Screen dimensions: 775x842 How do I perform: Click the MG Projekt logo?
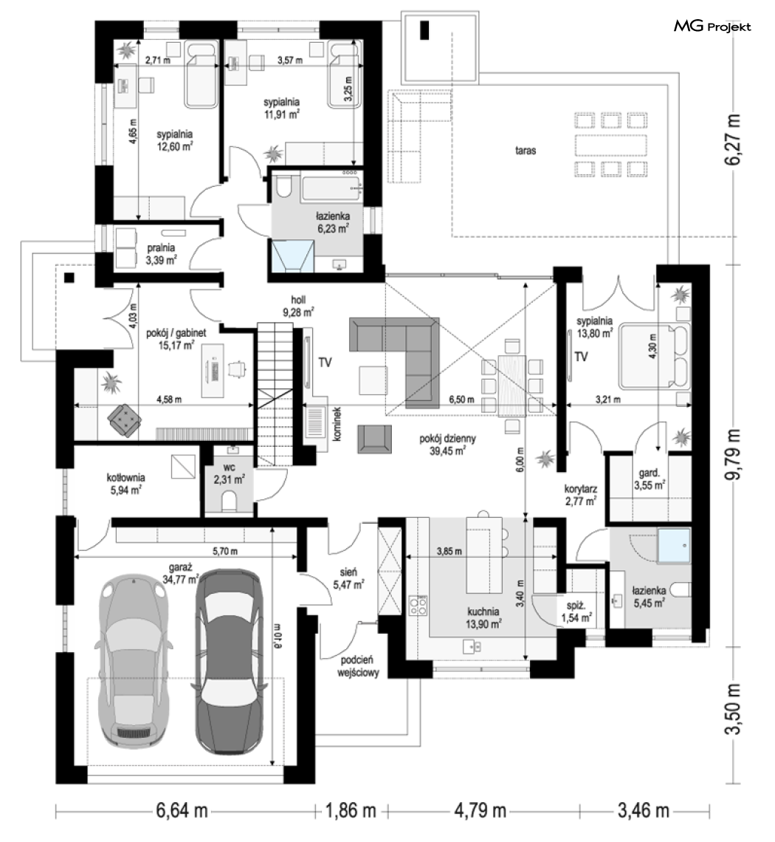pyautogui.click(x=712, y=26)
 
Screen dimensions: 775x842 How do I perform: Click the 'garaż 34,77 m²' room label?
pyautogui.click(x=180, y=572)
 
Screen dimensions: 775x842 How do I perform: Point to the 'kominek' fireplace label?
pyautogui.click(x=337, y=424)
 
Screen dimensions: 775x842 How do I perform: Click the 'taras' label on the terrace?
pyautogui.click(x=526, y=151)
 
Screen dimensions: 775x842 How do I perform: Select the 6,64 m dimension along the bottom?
pyautogui.click(x=182, y=810)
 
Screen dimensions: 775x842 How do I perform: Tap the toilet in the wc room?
pyautogui.click(x=229, y=502)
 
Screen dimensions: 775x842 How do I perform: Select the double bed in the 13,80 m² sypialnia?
pyautogui.click(x=654, y=355)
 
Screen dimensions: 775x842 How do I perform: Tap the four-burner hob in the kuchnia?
pyautogui.click(x=418, y=605)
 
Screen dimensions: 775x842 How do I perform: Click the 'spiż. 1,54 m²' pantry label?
pyautogui.click(x=576, y=612)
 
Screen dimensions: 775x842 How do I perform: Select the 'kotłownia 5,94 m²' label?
pyautogui.click(x=125, y=483)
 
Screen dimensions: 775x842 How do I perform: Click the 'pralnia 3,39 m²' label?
pyautogui.click(x=162, y=254)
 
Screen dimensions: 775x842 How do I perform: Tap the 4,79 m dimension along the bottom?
pyautogui.click(x=480, y=810)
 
